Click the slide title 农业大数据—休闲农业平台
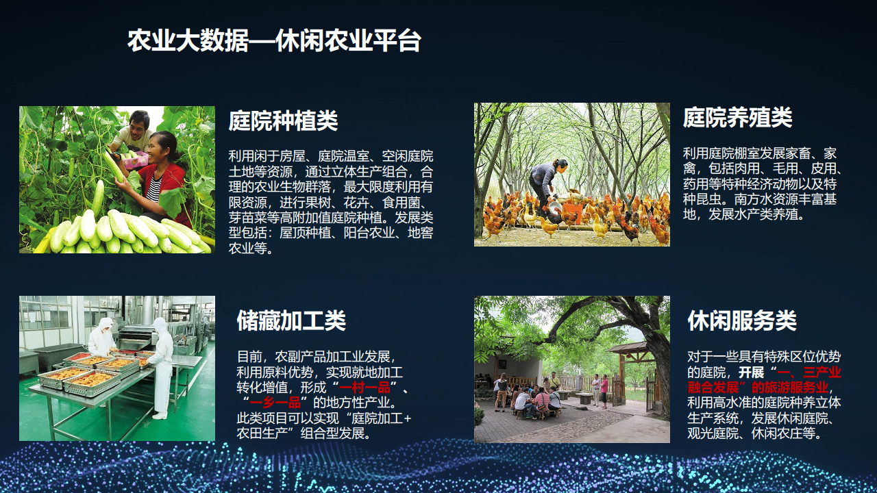tap(274, 40)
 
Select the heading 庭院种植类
tap(283, 121)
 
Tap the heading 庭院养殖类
tap(738, 117)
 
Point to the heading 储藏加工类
tap(291, 320)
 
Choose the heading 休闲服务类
tap(742, 320)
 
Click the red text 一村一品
tap(365, 388)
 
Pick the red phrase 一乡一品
tap(275, 403)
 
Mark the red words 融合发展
tap(713, 388)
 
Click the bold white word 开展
tap(751, 372)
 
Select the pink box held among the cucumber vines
tap(135, 160)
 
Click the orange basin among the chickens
tap(569, 212)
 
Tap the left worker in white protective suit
tap(102, 338)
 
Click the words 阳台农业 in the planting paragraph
tap(369, 233)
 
